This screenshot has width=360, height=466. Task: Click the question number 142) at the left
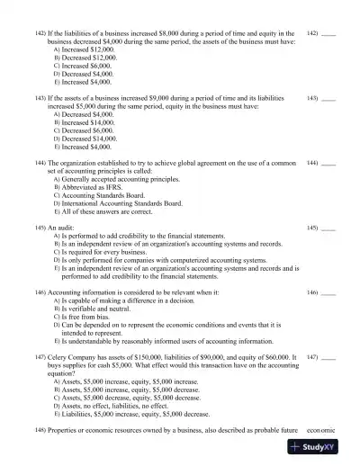[x=40, y=31]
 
